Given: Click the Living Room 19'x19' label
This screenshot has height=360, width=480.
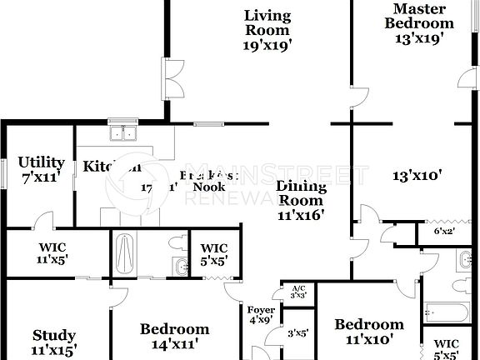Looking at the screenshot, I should [267, 30].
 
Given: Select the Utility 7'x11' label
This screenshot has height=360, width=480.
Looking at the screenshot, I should [42, 169].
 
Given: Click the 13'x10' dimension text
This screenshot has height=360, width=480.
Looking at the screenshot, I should [417, 175].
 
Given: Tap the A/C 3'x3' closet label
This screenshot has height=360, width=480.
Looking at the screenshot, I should [298, 292].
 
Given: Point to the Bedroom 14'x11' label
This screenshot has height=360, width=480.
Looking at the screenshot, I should [174, 334].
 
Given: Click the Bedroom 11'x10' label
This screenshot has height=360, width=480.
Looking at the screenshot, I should [369, 331].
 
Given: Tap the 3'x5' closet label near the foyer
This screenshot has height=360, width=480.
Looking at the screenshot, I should [297, 333].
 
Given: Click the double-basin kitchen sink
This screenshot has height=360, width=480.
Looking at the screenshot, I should [122, 133].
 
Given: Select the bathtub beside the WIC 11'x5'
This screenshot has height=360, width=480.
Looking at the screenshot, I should [124, 253].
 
